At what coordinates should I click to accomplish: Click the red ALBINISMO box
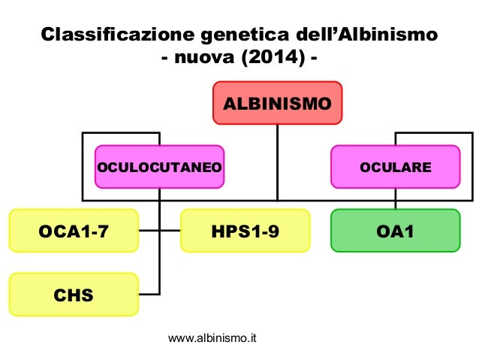[x=278, y=103]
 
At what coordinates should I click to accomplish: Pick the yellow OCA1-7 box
[x=73, y=230]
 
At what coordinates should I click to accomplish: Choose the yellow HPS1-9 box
[x=245, y=230]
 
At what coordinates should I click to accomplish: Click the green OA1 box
[x=395, y=230]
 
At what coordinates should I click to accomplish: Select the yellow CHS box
[x=73, y=294]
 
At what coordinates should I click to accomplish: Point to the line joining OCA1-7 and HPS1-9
[x=160, y=230]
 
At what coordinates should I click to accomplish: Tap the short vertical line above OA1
[x=395, y=204]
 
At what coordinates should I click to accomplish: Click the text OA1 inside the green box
[x=395, y=231]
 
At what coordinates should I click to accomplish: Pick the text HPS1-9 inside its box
[x=245, y=231]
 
